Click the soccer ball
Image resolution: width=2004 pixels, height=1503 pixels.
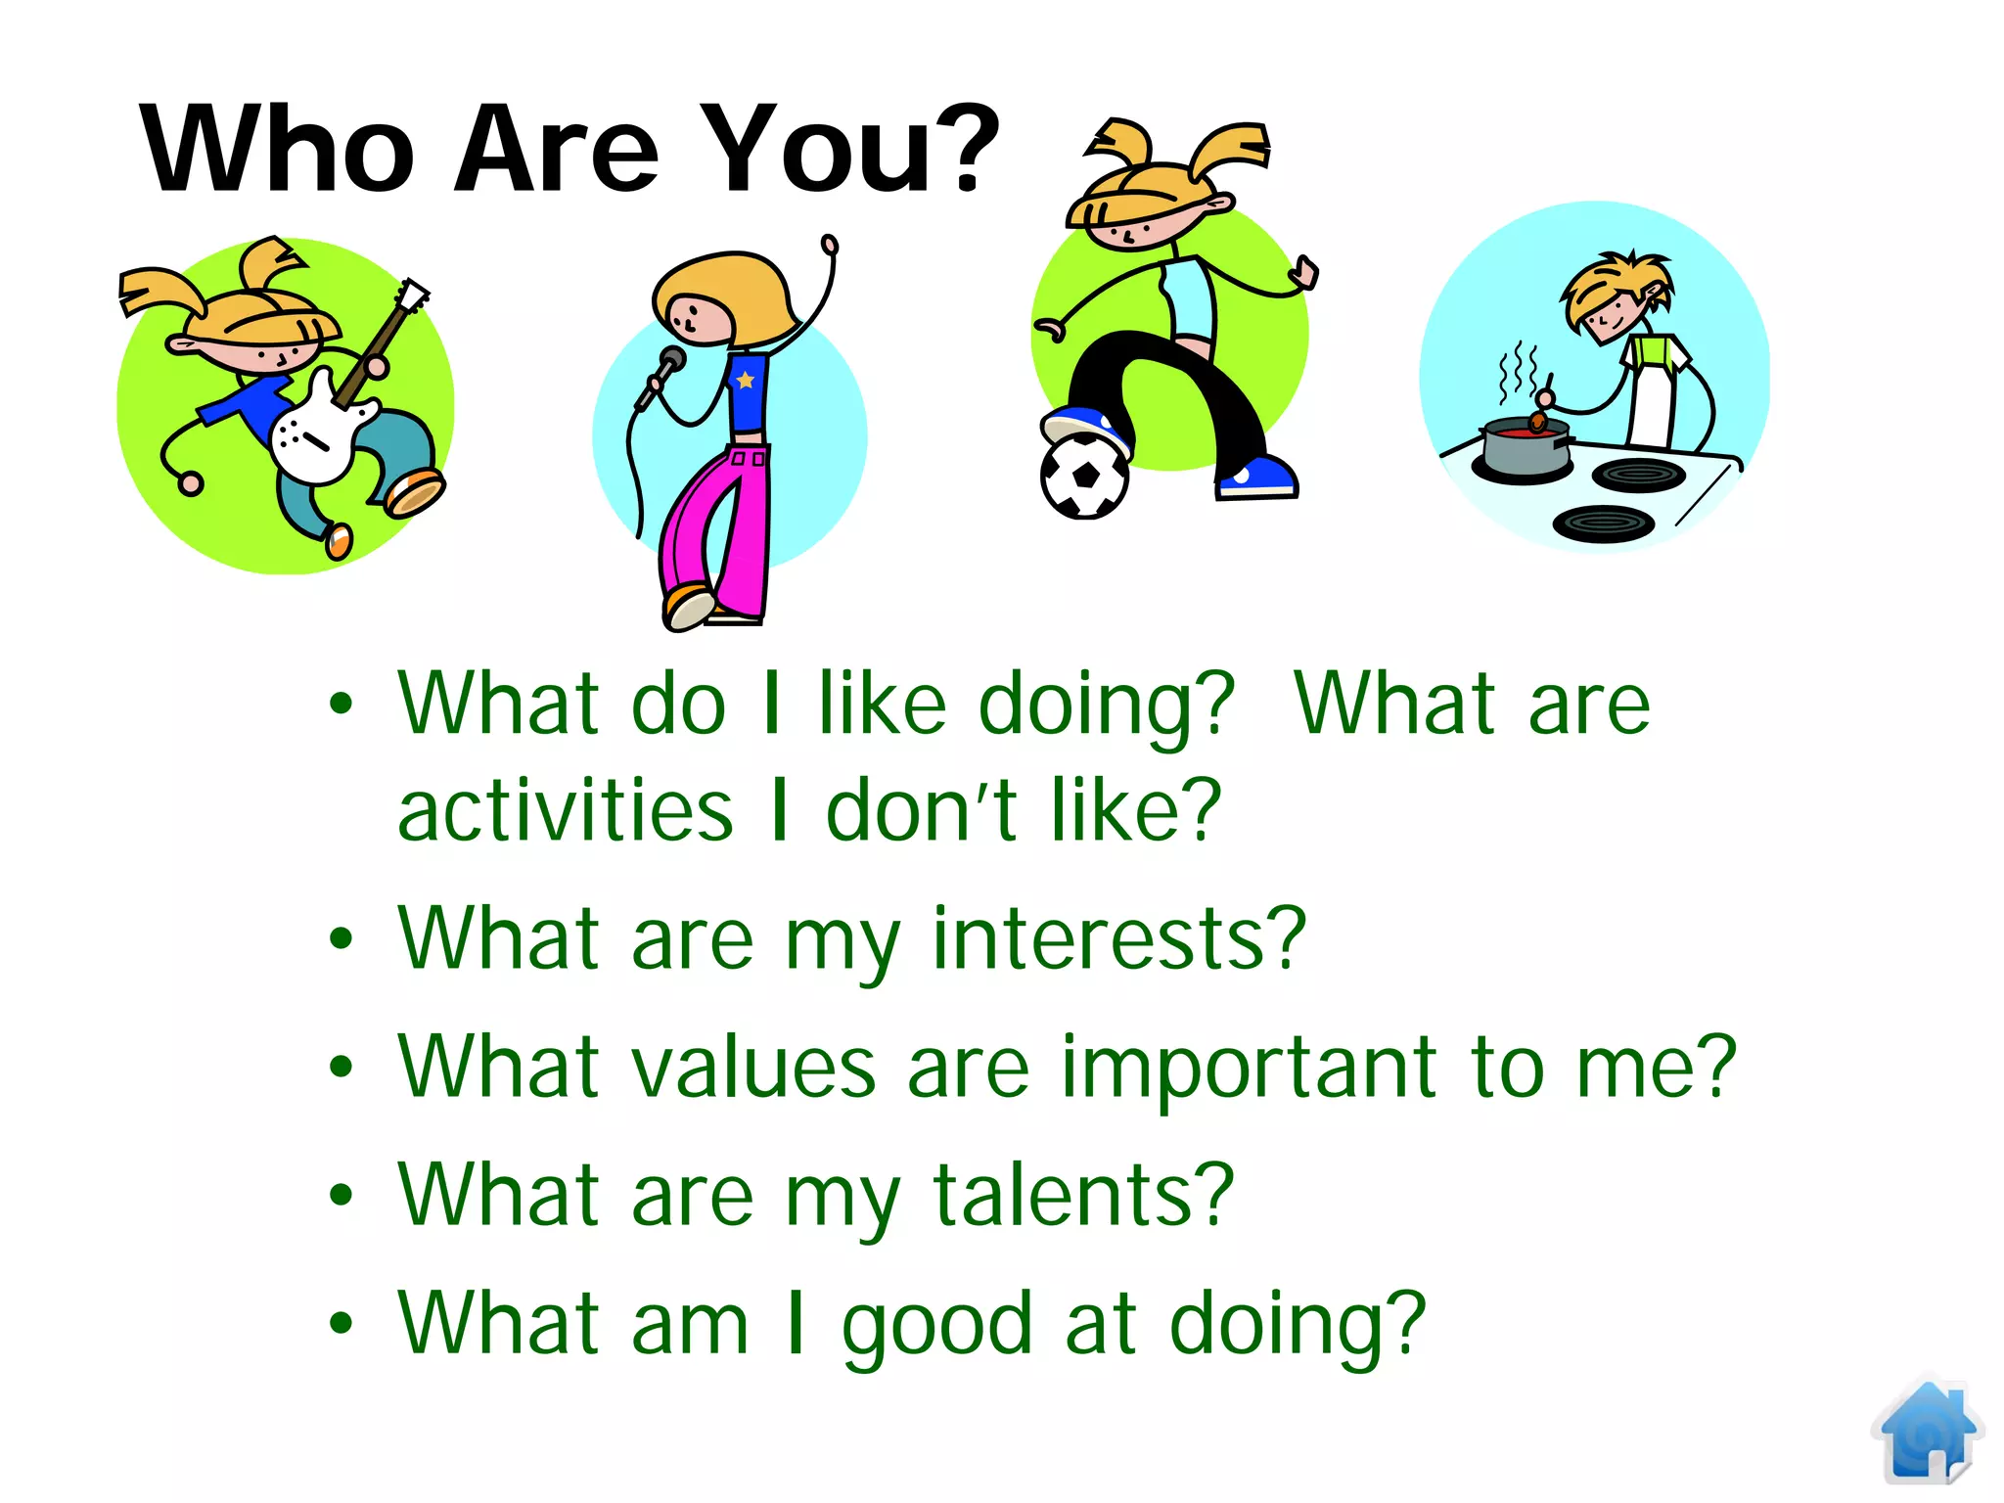1084,477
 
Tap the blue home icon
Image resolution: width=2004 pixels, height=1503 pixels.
1927,1432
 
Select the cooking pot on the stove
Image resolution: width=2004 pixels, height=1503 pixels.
1523,448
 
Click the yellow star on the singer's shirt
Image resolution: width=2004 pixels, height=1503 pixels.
746,379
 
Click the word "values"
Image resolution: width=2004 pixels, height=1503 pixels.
753,1068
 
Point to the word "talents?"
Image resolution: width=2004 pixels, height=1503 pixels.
1083,1196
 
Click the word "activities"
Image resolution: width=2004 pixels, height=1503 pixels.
565,810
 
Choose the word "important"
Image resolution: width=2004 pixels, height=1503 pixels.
1249,1068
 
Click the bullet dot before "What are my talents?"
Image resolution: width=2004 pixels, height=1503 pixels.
340,1195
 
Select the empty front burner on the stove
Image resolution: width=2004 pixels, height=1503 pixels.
1603,524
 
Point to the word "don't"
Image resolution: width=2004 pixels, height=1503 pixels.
922,810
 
